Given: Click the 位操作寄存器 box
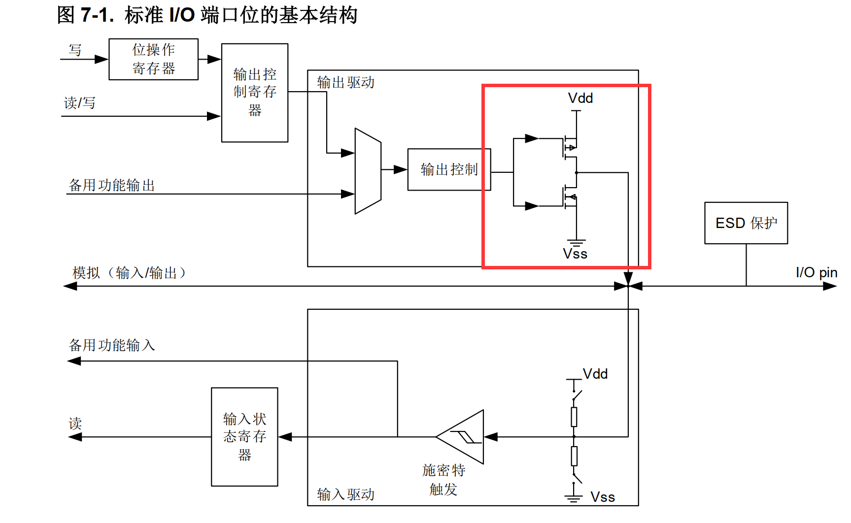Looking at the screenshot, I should coord(153,59).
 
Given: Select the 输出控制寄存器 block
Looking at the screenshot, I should coord(254,93).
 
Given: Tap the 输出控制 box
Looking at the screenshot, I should coord(449,169).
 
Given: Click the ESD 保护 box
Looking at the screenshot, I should coord(746,223).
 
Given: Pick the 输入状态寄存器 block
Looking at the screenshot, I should coord(244,437).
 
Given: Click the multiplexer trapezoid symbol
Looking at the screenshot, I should coord(368,171).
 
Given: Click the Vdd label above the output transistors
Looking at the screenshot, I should coord(580,98).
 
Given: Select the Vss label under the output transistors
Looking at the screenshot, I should coord(575,254).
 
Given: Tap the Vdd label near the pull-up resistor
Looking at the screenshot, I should coord(595,374).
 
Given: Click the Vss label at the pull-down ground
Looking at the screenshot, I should coord(602,497).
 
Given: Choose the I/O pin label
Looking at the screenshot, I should coord(816,272).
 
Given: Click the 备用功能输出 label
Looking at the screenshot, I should coord(112,185).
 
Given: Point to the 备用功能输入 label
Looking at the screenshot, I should coord(112,345).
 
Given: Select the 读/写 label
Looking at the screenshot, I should coord(79,103).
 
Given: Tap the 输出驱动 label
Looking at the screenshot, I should coord(345,82).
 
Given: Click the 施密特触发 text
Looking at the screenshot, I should coord(443,480).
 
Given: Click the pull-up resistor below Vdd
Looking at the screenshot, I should coord(574,417).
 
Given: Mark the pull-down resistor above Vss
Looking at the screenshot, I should coord(574,456).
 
